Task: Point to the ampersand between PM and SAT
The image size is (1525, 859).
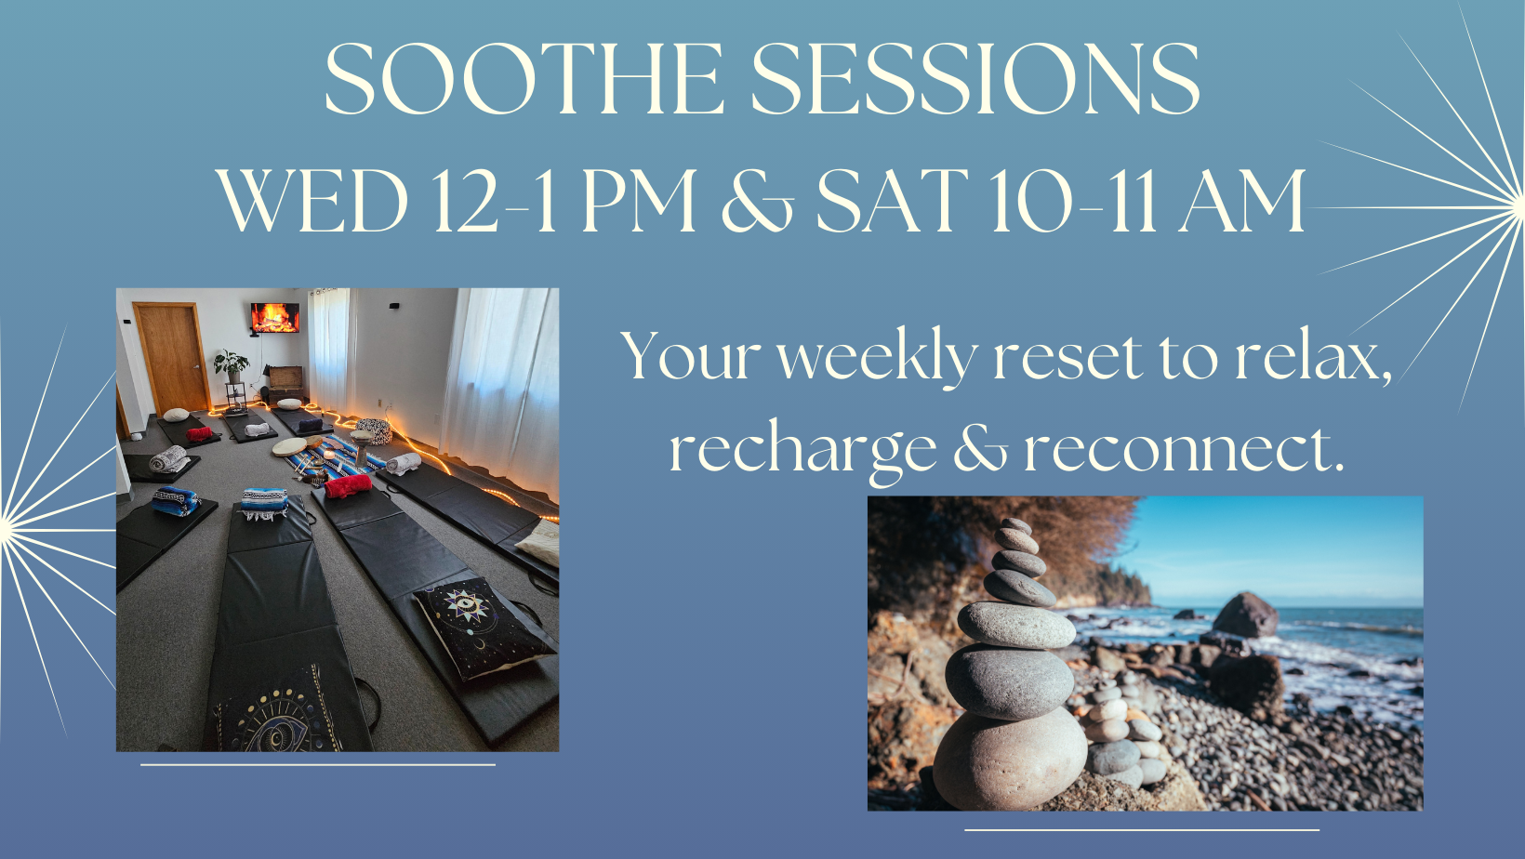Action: pos(757,203)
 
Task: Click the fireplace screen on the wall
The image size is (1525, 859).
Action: pos(274,318)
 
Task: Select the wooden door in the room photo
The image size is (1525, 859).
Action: pos(171,358)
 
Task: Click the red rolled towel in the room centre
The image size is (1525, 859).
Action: pos(348,486)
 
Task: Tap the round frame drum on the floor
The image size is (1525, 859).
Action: pos(290,446)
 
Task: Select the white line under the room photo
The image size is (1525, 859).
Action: pos(317,765)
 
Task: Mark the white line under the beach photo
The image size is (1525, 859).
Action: pos(1142,829)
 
